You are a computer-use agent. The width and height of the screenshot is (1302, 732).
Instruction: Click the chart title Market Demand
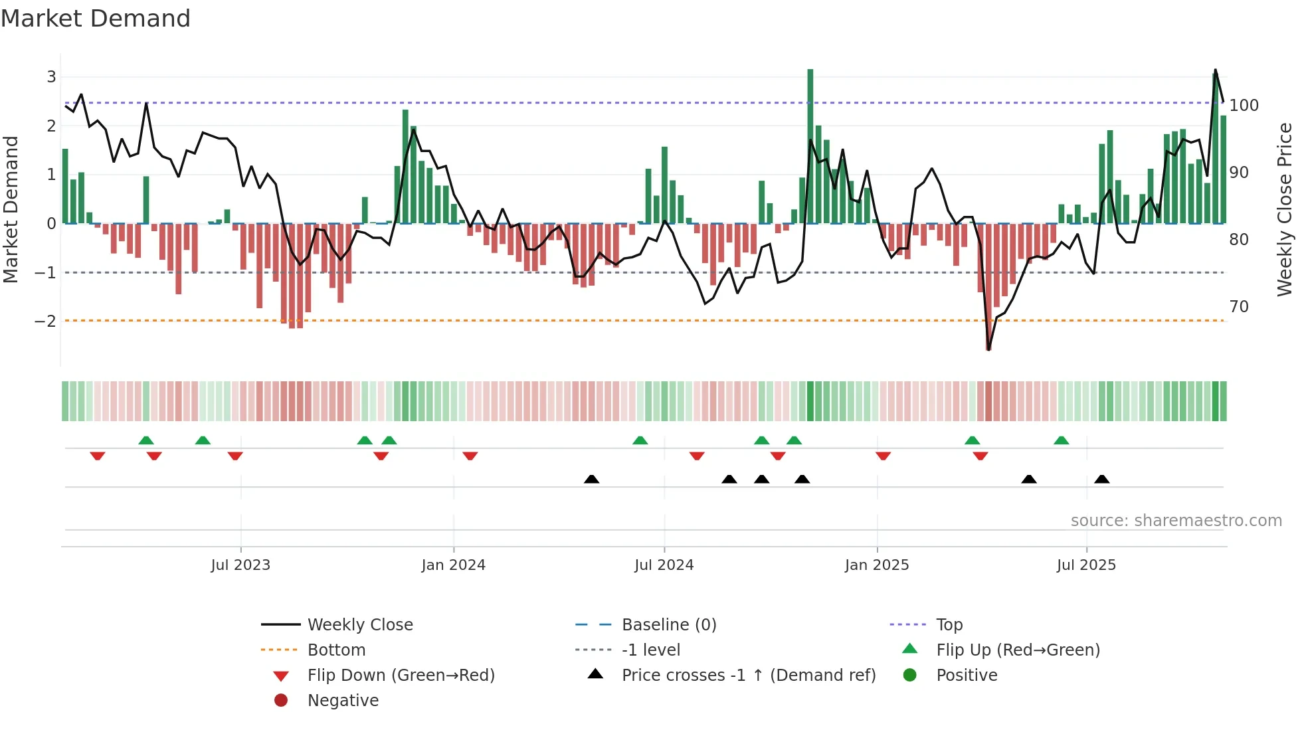coord(96,19)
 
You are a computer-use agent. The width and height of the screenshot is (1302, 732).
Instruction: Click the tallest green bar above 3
coord(810,146)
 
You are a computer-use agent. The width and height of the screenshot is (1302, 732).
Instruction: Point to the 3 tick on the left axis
coord(51,77)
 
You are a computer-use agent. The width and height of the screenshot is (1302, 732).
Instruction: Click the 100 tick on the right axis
coord(1244,106)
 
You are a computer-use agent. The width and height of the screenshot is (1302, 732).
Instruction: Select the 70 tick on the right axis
coord(1239,307)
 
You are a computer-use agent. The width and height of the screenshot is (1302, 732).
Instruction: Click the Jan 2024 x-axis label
coord(453,565)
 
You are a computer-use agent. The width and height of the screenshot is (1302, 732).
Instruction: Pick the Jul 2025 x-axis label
coord(1086,565)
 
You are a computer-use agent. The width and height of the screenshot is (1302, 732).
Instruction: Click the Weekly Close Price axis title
coord(1285,209)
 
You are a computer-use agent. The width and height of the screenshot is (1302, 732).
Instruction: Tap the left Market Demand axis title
coord(11,209)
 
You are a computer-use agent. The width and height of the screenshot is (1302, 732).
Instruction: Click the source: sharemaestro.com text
coord(1176,521)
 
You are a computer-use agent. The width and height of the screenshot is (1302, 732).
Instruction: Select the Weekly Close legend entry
coord(359,625)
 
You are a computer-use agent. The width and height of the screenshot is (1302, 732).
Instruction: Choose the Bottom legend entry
coord(336,650)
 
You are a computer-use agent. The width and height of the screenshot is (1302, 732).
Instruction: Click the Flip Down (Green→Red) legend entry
coord(401,676)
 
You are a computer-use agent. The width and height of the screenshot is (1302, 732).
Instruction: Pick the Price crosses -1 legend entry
coord(748,676)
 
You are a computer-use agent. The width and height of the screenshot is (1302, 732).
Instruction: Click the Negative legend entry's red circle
coord(281,701)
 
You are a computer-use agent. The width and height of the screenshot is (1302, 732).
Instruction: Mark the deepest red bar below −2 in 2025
coord(988,286)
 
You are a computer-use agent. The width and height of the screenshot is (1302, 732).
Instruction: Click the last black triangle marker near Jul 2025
coord(1101,480)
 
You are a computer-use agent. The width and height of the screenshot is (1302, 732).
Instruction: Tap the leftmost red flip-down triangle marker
coord(98,456)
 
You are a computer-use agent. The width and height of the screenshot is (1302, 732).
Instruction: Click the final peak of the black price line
coord(1215,70)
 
